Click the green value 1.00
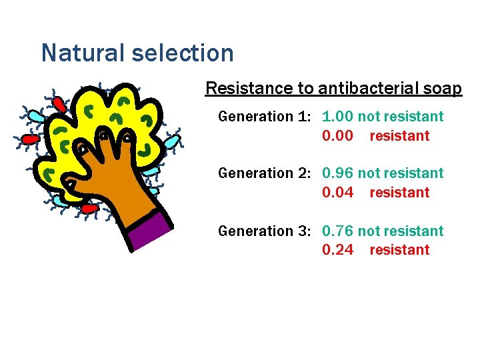pyautogui.click(x=337, y=117)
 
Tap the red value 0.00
pyautogui.click(x=337, y=136)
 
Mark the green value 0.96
pyautogui.click(x=337, y=173)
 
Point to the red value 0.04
pyautogui.click(x=337, y=193)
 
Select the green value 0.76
pyautogui.click(x=337, y=231)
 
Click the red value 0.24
pyautogui.click(x=337, y=250)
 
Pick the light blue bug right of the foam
pyautogui.click(x=172, y=141)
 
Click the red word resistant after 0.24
pyautogui.click(x=399, y=250)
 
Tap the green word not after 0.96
pyautogui.click(x=367, y=173)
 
